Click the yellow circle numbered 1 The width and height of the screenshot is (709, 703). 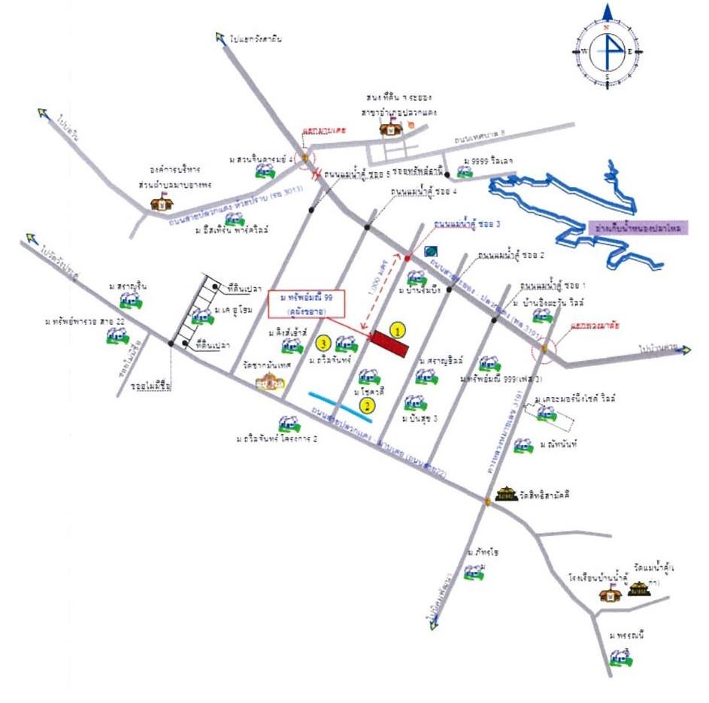pyautogui.click(x=398, y=329)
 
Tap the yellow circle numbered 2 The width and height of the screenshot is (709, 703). pyautogui.click(x=366, y=406)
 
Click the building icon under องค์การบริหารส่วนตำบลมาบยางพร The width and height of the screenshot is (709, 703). pyautogui.click(x=162, y=200)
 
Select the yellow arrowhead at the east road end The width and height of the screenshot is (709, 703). pyautogui.click(x=684, y=349)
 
